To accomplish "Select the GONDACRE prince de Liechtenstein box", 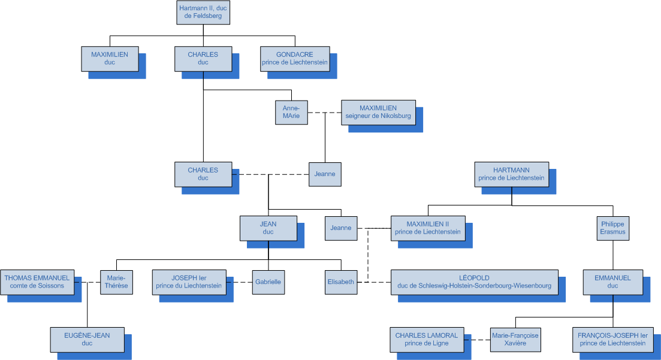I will (295, 59).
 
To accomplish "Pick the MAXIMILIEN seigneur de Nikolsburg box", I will (378, 112).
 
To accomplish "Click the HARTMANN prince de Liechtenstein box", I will (511, 174).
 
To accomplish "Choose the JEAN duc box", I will (268, 228).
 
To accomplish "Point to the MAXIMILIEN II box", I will (428, 228).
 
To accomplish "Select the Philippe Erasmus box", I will (612, 228).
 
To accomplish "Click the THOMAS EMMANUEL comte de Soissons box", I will (37, 282).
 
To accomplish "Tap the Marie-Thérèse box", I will (116, 282).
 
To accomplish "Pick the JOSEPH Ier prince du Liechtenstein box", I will (189, 282).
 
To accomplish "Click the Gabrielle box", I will (267, 282).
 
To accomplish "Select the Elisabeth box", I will (340, 282).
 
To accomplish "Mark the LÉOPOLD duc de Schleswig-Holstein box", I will (474, 282).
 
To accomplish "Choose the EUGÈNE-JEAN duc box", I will (87, 339).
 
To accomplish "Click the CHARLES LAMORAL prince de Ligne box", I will (426, 340).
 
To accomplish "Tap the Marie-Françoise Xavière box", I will (515, 340).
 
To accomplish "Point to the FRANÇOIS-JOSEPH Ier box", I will (612, 340).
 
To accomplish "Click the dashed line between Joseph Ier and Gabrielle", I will (239, 282).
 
